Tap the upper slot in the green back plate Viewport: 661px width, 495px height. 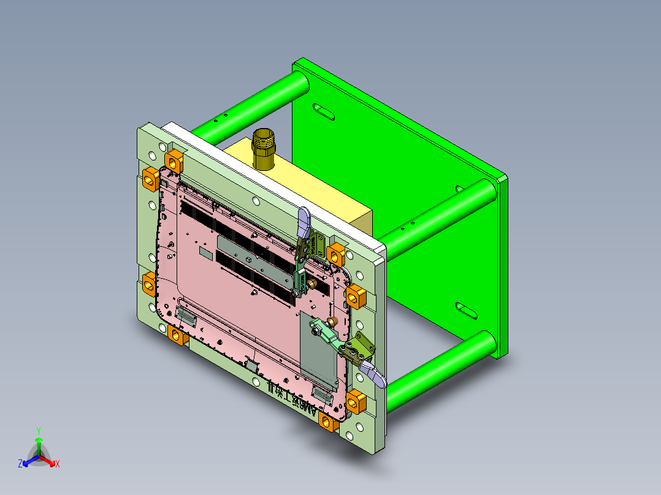324,111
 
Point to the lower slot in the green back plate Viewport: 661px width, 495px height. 467,309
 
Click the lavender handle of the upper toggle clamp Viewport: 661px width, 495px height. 304,222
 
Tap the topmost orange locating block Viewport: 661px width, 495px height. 174,161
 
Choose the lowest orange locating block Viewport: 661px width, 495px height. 329,423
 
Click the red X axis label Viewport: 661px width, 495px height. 58,464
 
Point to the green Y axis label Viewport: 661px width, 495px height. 38,431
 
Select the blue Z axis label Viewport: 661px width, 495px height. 20,464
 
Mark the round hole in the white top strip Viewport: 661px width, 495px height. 256,201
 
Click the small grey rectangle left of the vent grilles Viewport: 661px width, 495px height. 204,252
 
